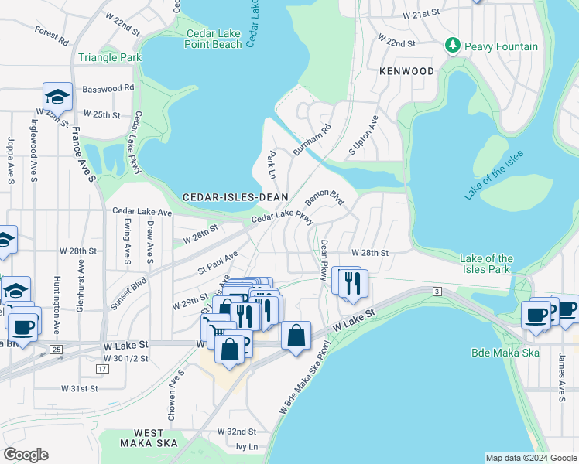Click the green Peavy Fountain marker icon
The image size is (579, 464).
pos(454,46)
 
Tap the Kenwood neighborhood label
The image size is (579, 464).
pos(406,71)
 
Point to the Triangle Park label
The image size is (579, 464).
pos(110,58)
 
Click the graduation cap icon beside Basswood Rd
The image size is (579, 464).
pos(57,97)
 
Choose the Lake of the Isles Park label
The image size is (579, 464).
pos(486,264)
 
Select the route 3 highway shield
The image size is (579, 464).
pos(437,291)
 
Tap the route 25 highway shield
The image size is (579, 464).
pos(56,350)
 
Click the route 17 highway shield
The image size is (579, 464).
pos(102,369)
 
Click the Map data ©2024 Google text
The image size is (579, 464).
pos(530,458)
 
